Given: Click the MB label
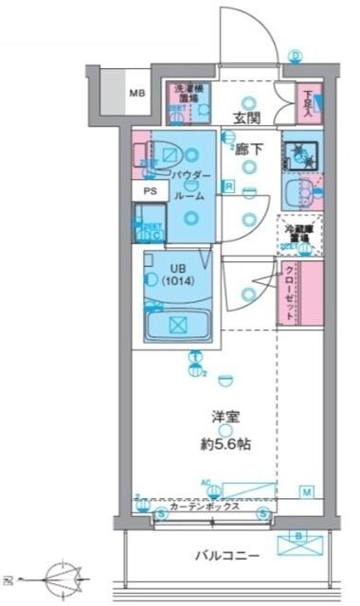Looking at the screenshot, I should pyautogui.click(x=137, y=93).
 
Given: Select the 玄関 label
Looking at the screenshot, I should pyautogui.click(x=248, y=119).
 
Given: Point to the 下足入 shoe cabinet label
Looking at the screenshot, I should pyautogui.click(x=309, y=98).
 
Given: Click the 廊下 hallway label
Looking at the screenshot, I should pyautogui.click(x=249, y=148).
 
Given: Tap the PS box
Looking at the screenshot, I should pyautogui.click(x=150, y=190).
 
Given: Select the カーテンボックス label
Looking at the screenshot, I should pyautogui.click(x=210, y=507).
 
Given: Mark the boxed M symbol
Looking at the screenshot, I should pyautogui.click(x=307, y=491).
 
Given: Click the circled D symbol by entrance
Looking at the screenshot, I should pyautogui.click(x=296, y=56).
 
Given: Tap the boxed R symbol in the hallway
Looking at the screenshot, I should pyautogui.click(x=229, y=186).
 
